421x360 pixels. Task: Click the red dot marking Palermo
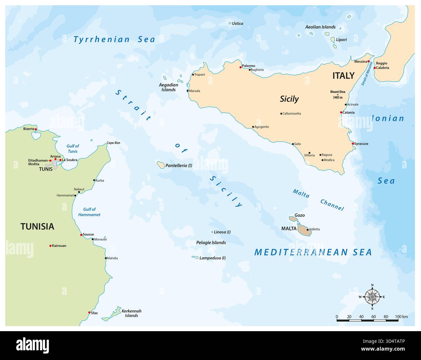click(x=241, y=67)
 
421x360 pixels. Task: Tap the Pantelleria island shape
click(x=161, y=165)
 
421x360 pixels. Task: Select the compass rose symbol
click(x=372, y=296)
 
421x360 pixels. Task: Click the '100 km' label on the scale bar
click(x=401, y=317)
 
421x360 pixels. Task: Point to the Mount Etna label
click(x=338, y=94)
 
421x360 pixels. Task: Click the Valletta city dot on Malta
click(x=307, y=229)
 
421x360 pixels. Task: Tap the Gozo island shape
click(x=293, y=219)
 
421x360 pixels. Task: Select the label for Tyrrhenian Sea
click(x=114, y=40)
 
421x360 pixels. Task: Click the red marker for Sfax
click(x=89, y=313)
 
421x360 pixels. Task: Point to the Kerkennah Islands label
click(x=131, y=313)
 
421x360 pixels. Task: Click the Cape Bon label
click(x=113, y=143)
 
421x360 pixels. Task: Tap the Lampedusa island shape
click(x=195, y=258)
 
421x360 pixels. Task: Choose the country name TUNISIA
click(x=37, y=226)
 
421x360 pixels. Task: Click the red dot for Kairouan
click(x=51, y=246)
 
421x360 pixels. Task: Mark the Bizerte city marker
click(x=36, y=129)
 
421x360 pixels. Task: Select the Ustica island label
click(x=237, y=23)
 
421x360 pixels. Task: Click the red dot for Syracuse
click(x=353, y=144)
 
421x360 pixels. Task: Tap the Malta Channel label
click(x=318, y=200)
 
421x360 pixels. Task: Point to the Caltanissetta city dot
click(x=281, y=114)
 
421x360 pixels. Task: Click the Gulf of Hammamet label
click(x=89, y=212)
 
